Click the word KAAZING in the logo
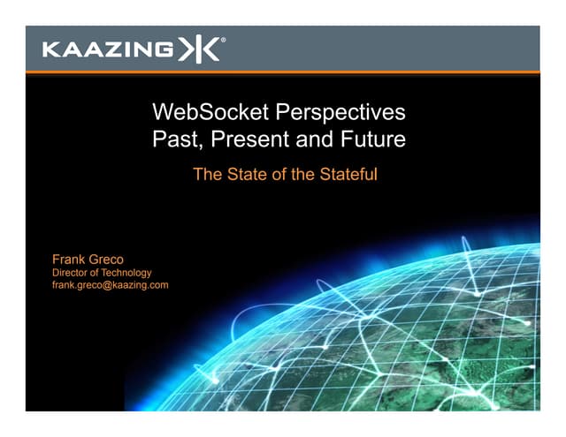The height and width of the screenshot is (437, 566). (x=107, y=49)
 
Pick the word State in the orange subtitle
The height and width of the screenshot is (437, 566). (x=246, y=175)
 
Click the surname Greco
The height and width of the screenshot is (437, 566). (x=110, y=260)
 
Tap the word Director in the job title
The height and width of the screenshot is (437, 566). (x=72, y=273)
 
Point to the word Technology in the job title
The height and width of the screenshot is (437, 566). (x=127, y=273)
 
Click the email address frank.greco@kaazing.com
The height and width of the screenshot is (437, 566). (x=111, y=285)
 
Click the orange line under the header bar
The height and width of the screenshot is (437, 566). (x=283, y=72)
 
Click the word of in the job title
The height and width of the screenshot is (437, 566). (x=96, y=273)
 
